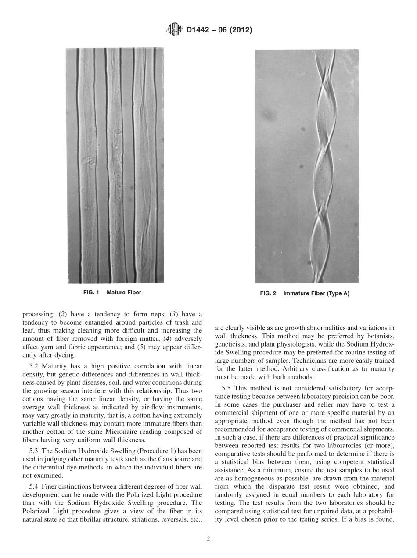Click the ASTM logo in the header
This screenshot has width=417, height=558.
coord(174,30)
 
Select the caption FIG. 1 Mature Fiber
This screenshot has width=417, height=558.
coord(112,292)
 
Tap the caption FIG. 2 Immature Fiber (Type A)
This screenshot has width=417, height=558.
coord(305,294)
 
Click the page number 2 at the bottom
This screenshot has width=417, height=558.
coord(208,539)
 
